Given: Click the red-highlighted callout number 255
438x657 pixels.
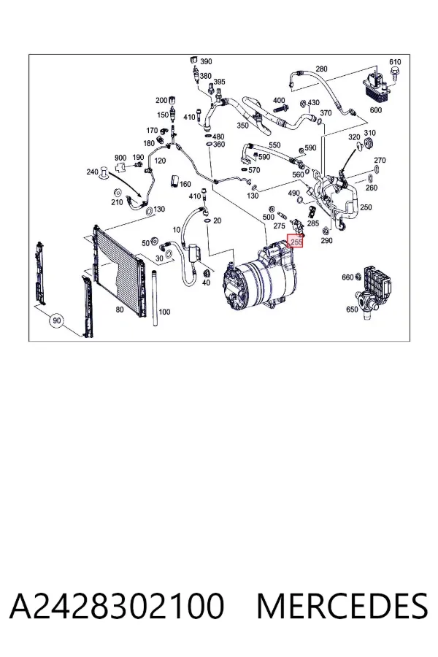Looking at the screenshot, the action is [295, 242].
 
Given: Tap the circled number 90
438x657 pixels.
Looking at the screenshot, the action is [57, 320].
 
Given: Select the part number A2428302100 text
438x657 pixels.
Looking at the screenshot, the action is [117, 606].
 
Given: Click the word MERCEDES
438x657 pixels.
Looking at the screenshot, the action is [342, 606].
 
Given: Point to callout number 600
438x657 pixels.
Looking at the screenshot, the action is [376, 109].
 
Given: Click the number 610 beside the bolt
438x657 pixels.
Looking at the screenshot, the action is [395, 62].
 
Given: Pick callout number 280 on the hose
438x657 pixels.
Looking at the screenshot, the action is [321, 69].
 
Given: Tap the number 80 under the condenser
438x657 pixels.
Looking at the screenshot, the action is [120, 310].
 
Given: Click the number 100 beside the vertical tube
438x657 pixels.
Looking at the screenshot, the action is [165, 312].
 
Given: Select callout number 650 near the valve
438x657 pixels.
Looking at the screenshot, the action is [352, 310].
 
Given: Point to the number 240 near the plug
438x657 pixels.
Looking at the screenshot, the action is [92, 172].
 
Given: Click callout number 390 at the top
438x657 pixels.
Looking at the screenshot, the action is [206, 61].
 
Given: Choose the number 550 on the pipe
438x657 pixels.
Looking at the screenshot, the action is [274, 145].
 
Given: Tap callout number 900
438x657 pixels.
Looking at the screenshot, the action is [120, 158].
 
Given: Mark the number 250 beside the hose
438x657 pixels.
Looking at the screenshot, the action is [366, 207].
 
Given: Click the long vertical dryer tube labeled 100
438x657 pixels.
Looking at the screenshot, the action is [155, 298].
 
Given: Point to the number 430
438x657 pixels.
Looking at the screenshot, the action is [313, 103].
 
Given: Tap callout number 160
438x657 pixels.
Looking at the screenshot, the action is [185, 184].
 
